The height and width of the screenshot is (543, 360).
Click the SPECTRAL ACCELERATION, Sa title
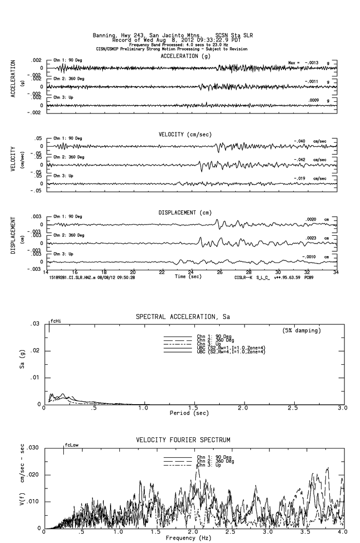click(183, 317)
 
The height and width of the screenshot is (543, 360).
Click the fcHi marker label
click(56, 321)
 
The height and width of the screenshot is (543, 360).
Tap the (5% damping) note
click(302, 331)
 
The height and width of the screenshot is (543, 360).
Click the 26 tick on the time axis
click(220, 272)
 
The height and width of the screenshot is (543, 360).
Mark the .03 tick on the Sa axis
click(34, 324)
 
